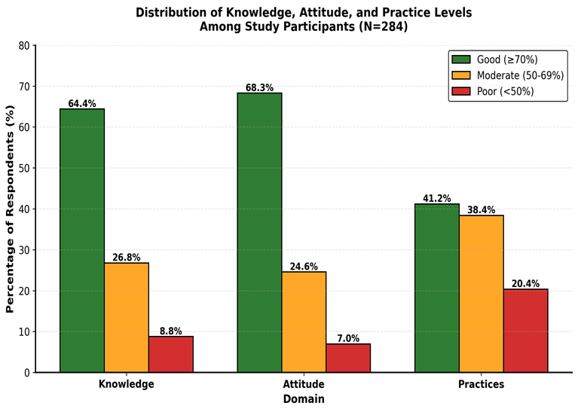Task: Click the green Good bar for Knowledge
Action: [82, 240]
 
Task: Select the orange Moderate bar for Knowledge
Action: [127, 317]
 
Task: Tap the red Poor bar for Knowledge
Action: [171, 354]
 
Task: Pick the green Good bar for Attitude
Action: [259, 233]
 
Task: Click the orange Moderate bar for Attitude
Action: [304, 322]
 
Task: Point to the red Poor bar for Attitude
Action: [348, 358]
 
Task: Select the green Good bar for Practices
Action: [437, 288]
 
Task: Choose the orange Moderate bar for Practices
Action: [482, 294]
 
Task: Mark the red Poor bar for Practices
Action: [526, 331]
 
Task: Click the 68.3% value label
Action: [259, 87]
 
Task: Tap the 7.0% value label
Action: [348, 338]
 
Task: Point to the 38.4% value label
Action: [482, 210]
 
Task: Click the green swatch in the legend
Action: [461, 60]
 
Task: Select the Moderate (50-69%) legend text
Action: [521, 75]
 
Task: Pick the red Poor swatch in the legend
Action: [461, 91]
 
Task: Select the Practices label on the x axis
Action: [481, 384]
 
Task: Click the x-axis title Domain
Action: [304, 399]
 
